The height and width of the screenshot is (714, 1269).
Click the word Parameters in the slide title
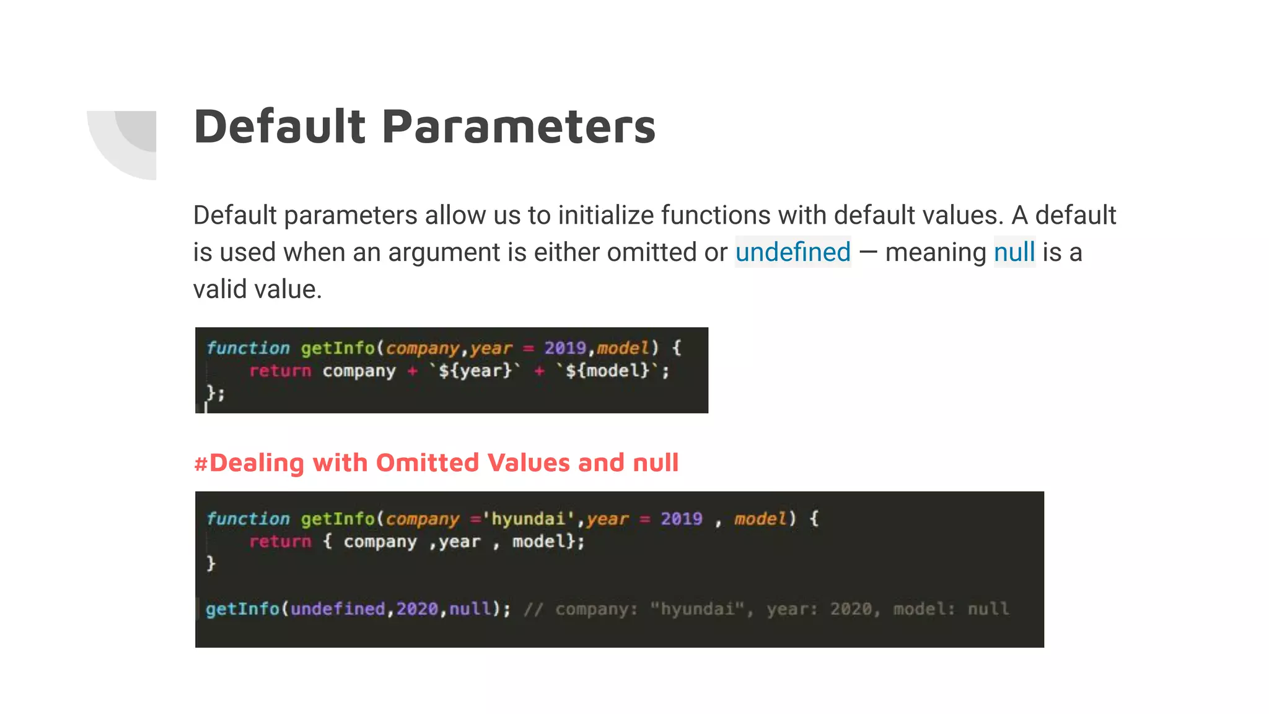pyautogui.click(x=519, y=126)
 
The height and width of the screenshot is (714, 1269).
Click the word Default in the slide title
pyautogui.click(x=280, y=126)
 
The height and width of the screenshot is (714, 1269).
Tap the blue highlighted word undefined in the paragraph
pyautogui.click(x=793, y=252)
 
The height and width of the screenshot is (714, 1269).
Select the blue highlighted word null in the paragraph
pyautogui.click(x=1014, y=252)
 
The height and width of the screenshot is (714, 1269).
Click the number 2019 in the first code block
pyautogui.click(x=565, y=348)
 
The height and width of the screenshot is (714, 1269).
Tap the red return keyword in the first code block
pyautogui.click(x=280, y=371)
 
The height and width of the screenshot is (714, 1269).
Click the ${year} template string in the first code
pyautogui.click(x=475, y=371)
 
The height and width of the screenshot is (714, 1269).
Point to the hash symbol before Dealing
pyautogui.click(x=200, y=463)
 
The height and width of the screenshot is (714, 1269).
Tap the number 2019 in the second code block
pyautogui.click(x=681, y=518)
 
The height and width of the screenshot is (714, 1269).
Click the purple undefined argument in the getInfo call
pyautogui.click(x=338, y=609)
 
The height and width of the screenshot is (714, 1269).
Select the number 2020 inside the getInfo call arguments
pyautogui.click(x=417, y=609)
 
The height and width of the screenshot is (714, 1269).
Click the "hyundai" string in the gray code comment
pyautogui.click(x=697, y=609)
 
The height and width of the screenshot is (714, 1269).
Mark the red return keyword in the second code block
pyautogui.click(x=280, y=541)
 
